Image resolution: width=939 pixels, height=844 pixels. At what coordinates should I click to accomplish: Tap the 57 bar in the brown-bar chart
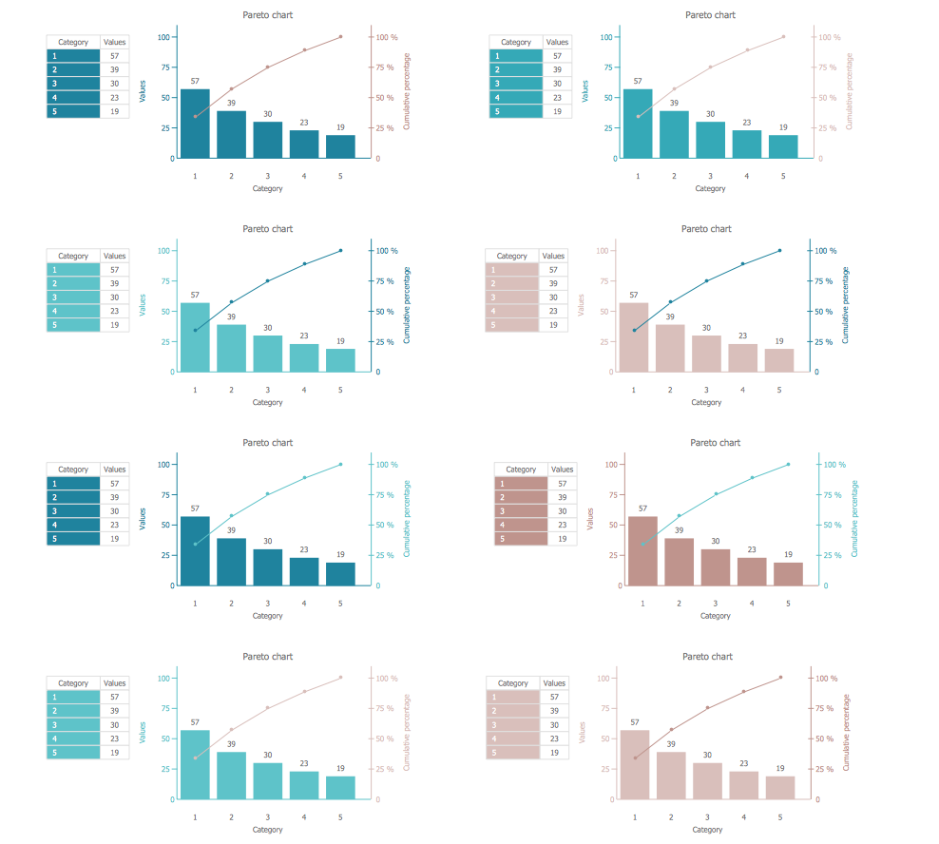coord(642,550)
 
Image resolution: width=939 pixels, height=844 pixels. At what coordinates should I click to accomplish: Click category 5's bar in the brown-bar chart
coord(788,573)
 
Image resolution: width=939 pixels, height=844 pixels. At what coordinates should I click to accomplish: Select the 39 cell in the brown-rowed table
coord(562,497)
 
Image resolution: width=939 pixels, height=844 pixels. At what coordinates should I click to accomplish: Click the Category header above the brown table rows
coord(521,470)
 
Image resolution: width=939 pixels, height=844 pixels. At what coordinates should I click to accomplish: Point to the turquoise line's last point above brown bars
coord(788,465)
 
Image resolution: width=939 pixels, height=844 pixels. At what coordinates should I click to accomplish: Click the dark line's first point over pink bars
coord(634,331)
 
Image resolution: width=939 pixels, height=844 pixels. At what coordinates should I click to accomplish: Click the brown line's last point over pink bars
coord(780,678)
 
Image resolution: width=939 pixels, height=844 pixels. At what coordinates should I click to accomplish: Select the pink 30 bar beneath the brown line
coord(707,780)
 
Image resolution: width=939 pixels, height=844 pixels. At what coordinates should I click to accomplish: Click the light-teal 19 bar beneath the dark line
coord(340,360)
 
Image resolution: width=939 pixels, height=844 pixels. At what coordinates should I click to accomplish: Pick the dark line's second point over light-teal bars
coord(231,302)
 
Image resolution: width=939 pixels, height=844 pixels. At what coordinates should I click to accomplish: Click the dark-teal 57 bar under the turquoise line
coord(195,550)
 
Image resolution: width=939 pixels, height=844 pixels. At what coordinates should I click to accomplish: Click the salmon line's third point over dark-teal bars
coord(268,67)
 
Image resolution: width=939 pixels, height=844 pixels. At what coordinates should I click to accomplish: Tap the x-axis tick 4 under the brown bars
coord(752,604)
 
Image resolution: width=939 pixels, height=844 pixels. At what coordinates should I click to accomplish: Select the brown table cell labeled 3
coord(521,511)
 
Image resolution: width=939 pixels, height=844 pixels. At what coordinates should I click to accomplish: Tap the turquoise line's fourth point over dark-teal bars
coord(304,478)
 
